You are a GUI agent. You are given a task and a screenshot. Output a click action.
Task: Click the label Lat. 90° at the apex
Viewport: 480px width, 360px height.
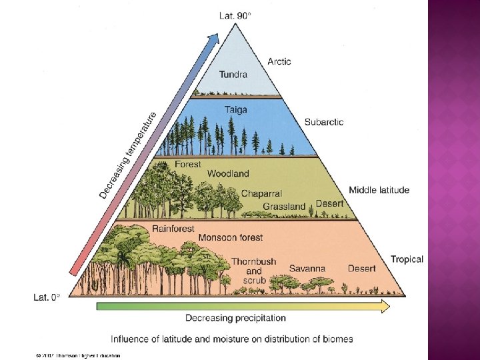pyautogui.click(x=235, y=15)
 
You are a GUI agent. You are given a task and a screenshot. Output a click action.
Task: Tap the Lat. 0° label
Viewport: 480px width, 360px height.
pyautogui.click(x=47, y=298)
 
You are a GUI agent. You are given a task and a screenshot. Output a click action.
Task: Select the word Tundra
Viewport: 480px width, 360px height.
pyautogui.click(x=233, y=75)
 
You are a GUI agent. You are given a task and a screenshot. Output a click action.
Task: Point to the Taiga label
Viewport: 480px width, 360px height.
pyautogui.click(x=235, y=109)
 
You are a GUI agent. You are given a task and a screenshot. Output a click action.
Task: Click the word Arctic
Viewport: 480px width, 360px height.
pyautogui.click(x=279, y=61)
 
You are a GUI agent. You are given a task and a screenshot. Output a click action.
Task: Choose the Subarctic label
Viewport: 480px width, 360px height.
pyautogui.click(x=324, y=122)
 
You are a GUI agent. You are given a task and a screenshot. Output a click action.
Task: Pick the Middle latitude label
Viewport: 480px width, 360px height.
pyautogui.click(x=379, y=190)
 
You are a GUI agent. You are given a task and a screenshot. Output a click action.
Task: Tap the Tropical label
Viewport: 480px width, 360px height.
pyautogui.click(x=407, y=259)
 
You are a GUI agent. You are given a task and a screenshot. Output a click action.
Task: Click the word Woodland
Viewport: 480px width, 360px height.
pyautogui.click(x=228, y=173)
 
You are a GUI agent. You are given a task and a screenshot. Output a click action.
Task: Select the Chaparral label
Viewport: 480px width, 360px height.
pyautogui.click(x=261, y=193)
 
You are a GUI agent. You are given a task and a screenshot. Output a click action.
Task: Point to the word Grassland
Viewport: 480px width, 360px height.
pyautogui.click(x=284, y=207)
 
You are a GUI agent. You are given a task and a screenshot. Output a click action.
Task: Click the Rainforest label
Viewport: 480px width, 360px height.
pyautogui.click(x=173, y=228)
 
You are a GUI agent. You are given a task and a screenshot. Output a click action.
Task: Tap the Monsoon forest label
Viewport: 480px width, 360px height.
pyautogui.click(x=231, y=237)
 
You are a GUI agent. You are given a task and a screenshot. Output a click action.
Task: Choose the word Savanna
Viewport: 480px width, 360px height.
pyautogui.click(x=307, y=269)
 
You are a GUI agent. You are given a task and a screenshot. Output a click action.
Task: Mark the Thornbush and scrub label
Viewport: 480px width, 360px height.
pyautogui.click(x=254, y=271)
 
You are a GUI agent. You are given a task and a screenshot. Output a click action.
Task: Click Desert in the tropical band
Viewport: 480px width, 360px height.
pyautogui.click(x=361, y=269)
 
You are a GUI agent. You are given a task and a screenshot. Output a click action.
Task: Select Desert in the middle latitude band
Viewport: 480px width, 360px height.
pyautogui.click(x=329, y=203)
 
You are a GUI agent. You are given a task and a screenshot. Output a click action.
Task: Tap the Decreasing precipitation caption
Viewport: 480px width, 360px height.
pyautogui.click(x=235, y=318)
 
